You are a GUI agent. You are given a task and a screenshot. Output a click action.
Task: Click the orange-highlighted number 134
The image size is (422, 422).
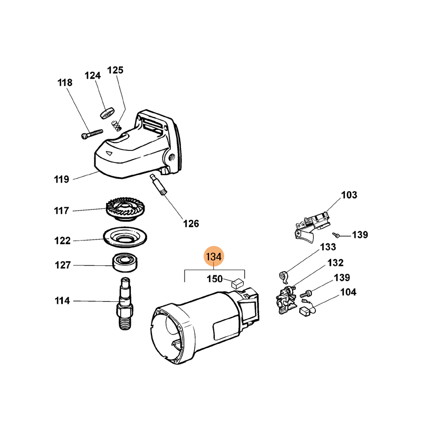pyautogui.click(x=214, y=256)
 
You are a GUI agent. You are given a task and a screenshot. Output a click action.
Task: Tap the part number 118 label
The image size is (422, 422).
pyautogui.click(x=65, y=83)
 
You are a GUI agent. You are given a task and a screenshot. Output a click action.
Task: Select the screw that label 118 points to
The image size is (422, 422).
pyautogui.click(x=92, y=134)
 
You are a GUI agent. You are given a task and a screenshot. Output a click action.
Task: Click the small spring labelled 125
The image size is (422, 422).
pyautogui.click(x=116, y=125)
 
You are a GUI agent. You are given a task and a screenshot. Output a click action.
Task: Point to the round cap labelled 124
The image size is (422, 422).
pyautogui.click(x=107, y=113)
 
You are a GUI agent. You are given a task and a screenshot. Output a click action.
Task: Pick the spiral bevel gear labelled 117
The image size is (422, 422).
pyautogui.click(x=125, y=209)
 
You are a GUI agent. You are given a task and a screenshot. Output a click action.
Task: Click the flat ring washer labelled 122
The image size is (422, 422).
pyautogui.click(x=125, y=236)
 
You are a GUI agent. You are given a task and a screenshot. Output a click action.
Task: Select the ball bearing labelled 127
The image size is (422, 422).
pyautogui.click(x=124, y=262)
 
